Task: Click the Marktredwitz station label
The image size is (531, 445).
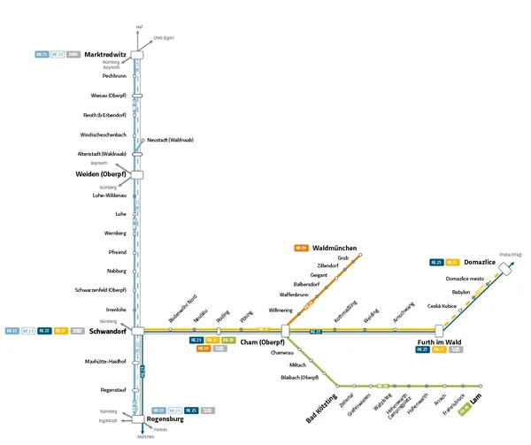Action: tap(105, 55)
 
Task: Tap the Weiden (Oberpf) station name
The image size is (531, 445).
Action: tap(104, 174)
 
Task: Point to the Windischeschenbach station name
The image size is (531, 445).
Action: tap(103, 134)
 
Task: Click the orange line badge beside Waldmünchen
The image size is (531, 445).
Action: tap(301, 248)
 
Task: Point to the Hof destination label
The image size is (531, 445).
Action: tap(139, 27)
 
